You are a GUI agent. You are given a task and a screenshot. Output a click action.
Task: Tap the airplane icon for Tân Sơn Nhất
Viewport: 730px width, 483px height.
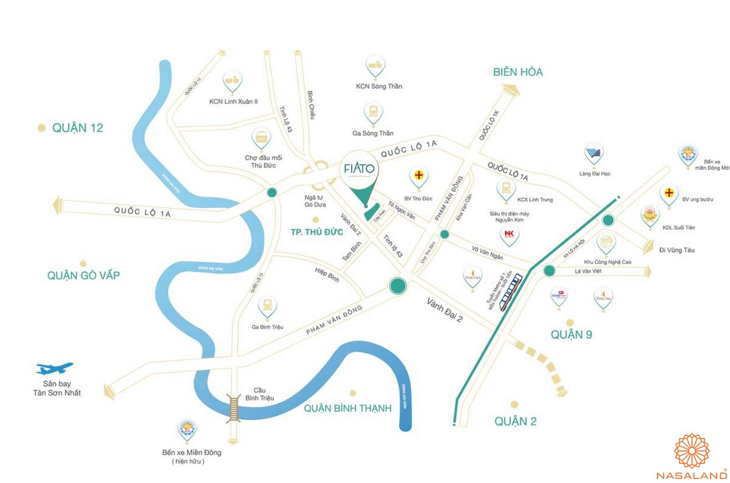pos(54,369)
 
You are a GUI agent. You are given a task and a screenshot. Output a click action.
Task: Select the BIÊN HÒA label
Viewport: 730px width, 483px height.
pos(517,72)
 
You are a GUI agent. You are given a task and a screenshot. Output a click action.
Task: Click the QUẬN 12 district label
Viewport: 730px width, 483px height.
pos(77,127)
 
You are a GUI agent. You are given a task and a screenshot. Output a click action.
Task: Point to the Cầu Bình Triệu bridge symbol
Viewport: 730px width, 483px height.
pos(234,406)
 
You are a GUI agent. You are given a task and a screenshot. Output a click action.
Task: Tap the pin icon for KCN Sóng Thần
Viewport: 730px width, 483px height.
pos(375,67)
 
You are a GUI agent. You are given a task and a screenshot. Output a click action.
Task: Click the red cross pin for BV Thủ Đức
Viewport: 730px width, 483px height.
pos(419,176)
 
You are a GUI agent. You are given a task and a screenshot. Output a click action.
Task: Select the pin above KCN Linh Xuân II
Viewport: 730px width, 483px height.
pos(232,81)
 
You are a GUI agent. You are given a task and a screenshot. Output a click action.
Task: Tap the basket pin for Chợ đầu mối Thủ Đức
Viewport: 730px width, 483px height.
pos(261,138)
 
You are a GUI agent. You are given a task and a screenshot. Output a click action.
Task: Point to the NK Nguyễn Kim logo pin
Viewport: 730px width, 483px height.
pos(509,235)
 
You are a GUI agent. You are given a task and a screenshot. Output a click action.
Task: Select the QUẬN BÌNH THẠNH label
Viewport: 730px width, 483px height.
pos(347,408)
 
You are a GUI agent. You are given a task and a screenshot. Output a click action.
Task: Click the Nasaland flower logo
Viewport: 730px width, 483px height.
pos(692,450)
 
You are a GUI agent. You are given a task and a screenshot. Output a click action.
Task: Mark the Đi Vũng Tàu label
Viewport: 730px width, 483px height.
pos(677,250)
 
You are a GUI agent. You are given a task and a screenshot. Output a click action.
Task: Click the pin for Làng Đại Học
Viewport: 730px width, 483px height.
pos(594,154)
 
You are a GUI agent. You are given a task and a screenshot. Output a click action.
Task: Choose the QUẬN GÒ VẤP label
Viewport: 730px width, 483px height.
pos(84,275)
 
